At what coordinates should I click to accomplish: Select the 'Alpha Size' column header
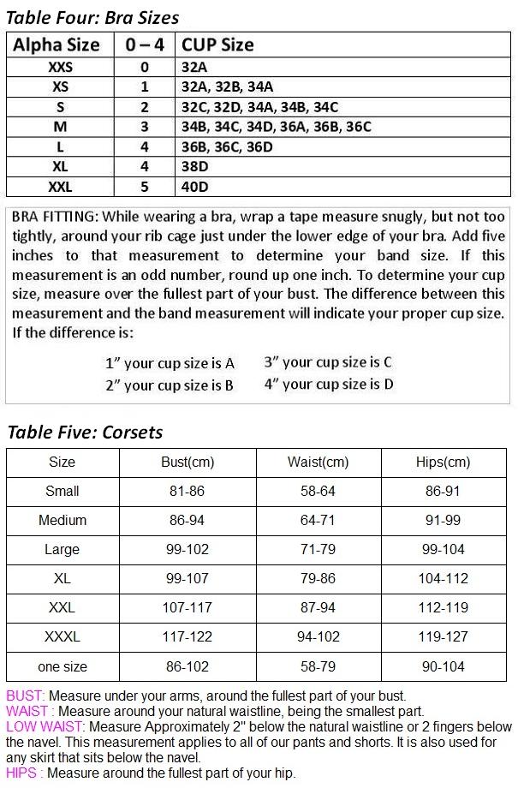tap(57, 45)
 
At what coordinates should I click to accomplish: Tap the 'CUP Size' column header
tap(217, 45)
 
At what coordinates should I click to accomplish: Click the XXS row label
tap(60, 67)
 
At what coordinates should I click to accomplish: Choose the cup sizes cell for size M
tap(276, 127)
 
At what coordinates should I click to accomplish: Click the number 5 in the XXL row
tap(144, 187)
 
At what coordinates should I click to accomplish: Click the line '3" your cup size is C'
tap(328, 362)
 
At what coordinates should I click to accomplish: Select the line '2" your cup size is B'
tap(170, 385)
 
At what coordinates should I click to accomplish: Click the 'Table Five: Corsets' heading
tap(85, 432)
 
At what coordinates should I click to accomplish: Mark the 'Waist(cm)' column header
tap(318, 463)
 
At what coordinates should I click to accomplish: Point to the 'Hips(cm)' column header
tap(443, 463)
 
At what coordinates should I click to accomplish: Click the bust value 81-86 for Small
tap(188, 492)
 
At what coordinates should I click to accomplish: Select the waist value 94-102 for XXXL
tap(318, 637)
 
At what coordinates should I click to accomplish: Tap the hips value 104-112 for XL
tap(443, 579)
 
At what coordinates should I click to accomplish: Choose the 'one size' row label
tap(62, 666)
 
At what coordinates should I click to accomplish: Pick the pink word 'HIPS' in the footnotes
tap(21, 773)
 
